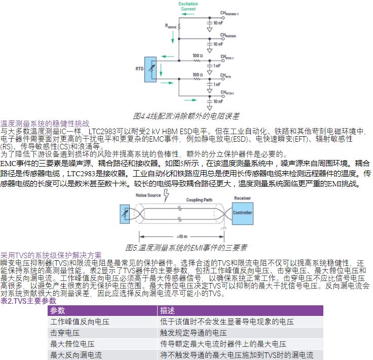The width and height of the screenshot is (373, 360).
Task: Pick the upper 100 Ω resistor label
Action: click(x=198, y=55)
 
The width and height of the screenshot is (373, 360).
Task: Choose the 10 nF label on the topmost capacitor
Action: click(x=218, y=23)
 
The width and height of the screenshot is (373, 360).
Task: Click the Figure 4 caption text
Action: click(x=186, y=116)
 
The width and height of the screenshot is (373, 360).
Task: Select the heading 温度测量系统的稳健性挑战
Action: click(x=45, y=124)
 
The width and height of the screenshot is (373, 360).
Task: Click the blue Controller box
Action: click(x=242, y=213)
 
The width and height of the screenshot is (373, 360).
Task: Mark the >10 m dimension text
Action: click(x=183, y=236)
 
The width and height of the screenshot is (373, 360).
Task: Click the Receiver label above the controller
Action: click(x=242, y=198)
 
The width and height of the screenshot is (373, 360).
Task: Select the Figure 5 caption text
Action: click(x=186, y=248)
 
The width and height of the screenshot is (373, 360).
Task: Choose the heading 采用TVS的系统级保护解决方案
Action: click(x=51, y=255)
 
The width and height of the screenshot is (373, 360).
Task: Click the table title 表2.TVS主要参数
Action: click(x=28, y=301)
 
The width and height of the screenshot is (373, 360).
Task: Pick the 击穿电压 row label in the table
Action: click(x=65, y=333)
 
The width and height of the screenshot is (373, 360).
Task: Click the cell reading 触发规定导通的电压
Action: click(x=194, y=333)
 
